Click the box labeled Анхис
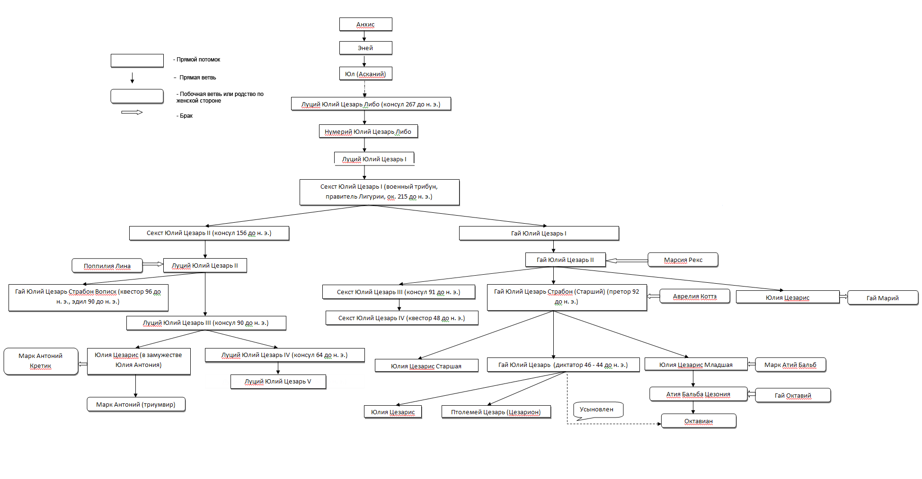365,24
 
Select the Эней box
365,48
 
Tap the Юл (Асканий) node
365,74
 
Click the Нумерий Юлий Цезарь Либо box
368,131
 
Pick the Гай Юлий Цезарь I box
539,233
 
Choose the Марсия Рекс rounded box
683,260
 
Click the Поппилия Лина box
107,266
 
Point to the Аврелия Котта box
695,296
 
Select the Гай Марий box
883,298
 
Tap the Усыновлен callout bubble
598,410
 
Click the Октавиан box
699,421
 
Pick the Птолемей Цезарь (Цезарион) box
496,412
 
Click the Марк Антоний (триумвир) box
136,404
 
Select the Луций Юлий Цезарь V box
278,382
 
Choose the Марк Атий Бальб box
790,365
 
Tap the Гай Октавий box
793,395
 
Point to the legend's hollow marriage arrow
132,113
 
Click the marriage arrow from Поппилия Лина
153,264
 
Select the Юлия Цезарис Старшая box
426,366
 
